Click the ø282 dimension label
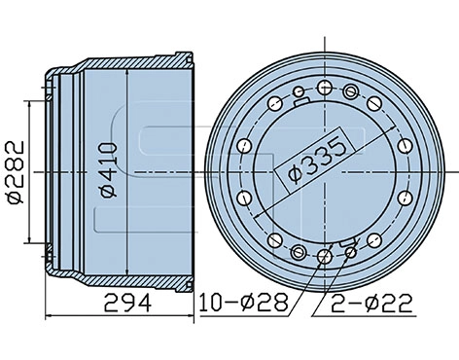[x=16, y=172]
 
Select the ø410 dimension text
[x=108, y=170]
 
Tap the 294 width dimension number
[x=127, y=303]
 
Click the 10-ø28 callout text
[x=244, y=303]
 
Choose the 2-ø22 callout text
[x=371, y=304]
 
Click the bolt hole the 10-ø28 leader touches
[x=325, y=257]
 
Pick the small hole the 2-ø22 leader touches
[x=351, y=252]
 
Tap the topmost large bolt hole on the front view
[x=325, y=88]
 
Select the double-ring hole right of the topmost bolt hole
[x=351, y=91]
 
